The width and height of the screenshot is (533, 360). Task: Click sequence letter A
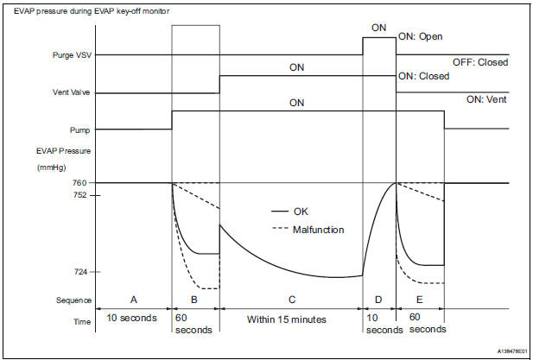tap(134, 300)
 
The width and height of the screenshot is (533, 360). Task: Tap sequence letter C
tap(291, 300)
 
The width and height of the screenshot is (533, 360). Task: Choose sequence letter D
tap(378, 300)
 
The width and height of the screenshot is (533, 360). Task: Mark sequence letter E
tap(420, 300)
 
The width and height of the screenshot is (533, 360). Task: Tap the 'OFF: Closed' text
tap(479, 62)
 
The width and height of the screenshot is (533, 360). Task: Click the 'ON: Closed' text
tap(422, 76)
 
